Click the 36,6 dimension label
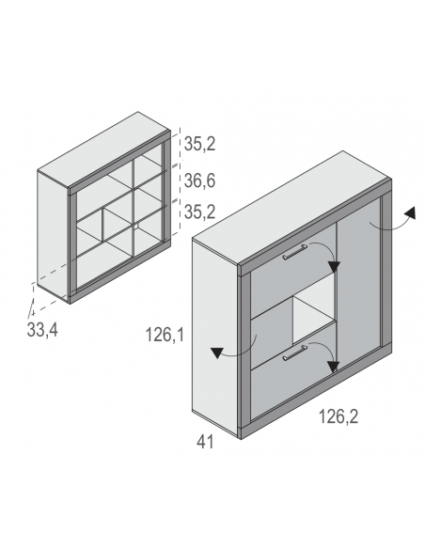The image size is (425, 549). pyautogui.click(x=199, y=180)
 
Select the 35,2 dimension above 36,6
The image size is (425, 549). pyautogui.click(x=199, y=144)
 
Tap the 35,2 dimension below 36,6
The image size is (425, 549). pyautogui.click(x=199, y=212)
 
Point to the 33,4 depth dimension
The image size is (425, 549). pyautogui.click(x=42, y=330)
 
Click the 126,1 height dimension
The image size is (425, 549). pyautogui.click(x=165, y=335)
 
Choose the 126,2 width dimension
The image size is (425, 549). pyautogui.click(x=338, y=416)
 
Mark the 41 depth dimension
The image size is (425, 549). pyautogui.click(x=205, y=442)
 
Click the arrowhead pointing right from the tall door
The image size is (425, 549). pyautogui.click(x=410, y=212)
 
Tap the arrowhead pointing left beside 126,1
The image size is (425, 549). pyautogui.click(x=217, y=353)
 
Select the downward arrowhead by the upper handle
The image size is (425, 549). pyautogui.click(x=334, y=267)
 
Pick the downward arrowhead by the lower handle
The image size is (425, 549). pyautogui.click(x=333, y=367)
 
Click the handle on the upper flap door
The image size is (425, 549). pyautogui.click(x=294, y=252)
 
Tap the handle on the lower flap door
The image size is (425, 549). pyautogui.click(x=294, y=353)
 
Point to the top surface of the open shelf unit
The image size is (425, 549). pyautogui.click(x=104, y=149)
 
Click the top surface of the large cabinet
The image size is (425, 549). pyautogui.click(x=291, y=207)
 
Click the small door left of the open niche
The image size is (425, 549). pyautogui.click(x=272, y=337)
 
